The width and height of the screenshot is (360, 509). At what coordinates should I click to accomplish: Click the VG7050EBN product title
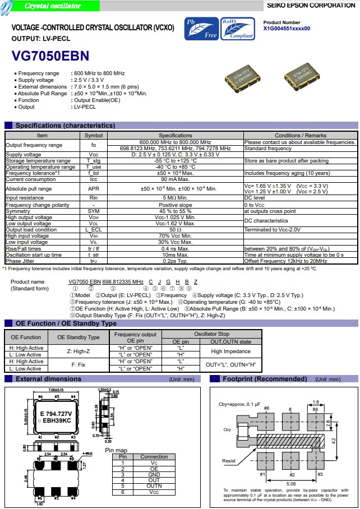point(50,56)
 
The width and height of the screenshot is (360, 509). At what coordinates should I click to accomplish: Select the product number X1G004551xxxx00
point(287,29)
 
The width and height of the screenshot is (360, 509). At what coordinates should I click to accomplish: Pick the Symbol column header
point(94,136)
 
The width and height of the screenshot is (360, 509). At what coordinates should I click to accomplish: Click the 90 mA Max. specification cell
point(175,179)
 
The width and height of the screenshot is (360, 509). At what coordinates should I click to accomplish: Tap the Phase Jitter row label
point(21,261)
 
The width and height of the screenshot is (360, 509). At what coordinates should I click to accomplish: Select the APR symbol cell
point(94,189)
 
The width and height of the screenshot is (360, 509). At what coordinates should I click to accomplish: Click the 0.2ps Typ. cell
point(175,261)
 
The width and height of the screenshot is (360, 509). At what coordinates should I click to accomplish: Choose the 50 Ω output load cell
point(175,229)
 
